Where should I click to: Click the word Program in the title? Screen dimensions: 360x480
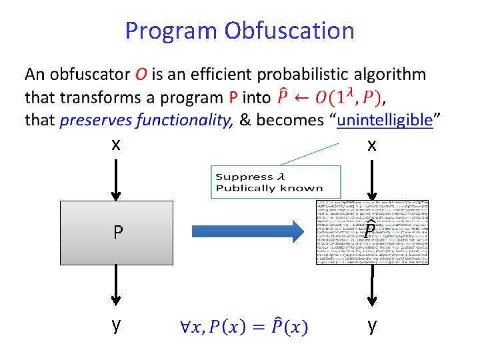(171, 31)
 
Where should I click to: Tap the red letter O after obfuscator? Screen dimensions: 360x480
(141, 75)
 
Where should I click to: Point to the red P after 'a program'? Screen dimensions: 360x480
(233, 98)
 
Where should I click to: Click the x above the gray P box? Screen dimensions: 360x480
(116, 144)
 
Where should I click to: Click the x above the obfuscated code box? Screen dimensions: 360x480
(372, 144)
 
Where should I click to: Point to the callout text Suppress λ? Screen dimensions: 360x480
(245, 177)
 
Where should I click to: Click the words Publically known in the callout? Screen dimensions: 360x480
(269, 188)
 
